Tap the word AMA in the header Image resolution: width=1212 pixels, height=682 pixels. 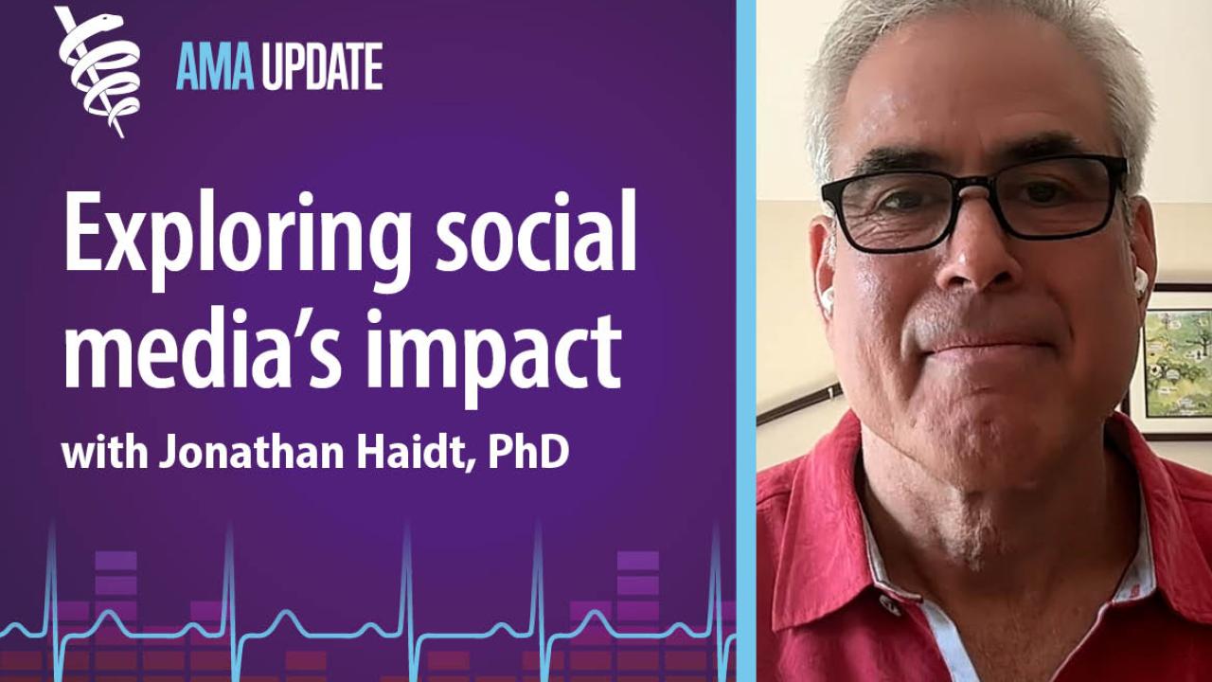[215, 66]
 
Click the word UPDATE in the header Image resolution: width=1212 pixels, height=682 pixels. [323, 66]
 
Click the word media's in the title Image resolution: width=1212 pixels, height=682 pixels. [203, 350]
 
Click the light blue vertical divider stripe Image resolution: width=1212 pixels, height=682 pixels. [746, 341]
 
